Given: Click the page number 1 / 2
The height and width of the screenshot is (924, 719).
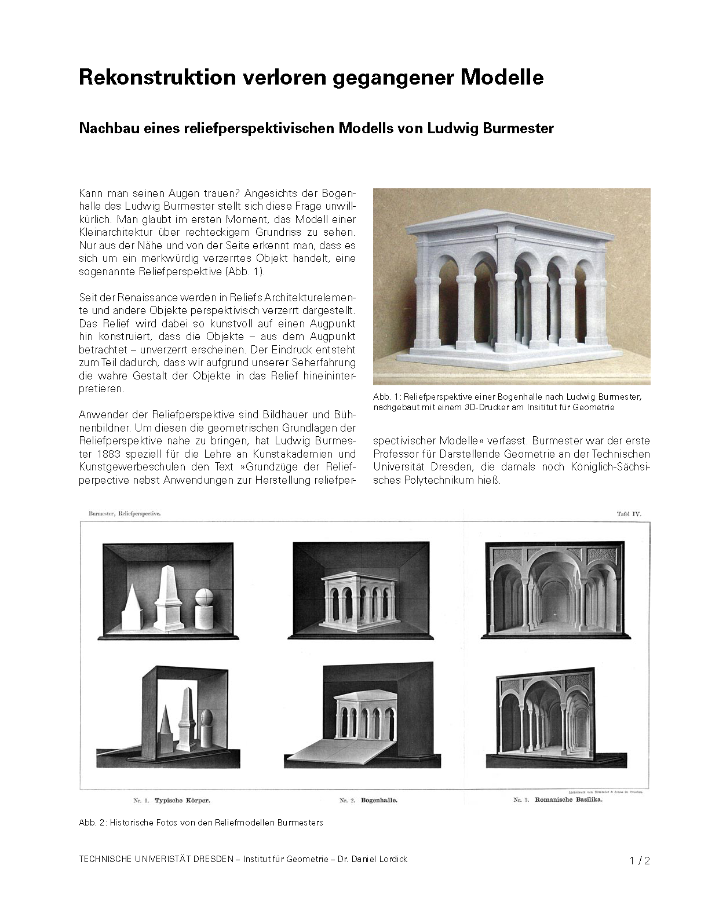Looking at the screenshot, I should pos(640,861).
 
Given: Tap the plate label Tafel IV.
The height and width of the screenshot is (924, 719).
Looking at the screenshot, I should pos(629,513).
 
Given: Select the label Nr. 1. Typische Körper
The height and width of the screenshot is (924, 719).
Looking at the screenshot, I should pos(171,801).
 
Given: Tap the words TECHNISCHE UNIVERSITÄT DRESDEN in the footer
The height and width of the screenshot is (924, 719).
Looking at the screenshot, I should pos(156,859).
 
